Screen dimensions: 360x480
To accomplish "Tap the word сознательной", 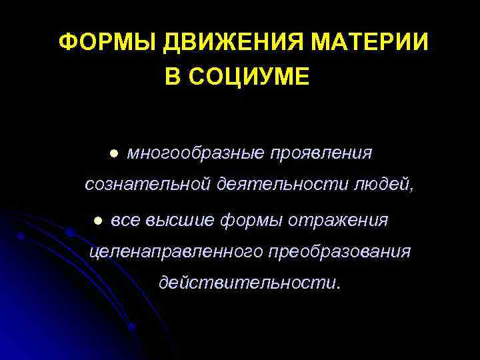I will coord(146,185).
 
